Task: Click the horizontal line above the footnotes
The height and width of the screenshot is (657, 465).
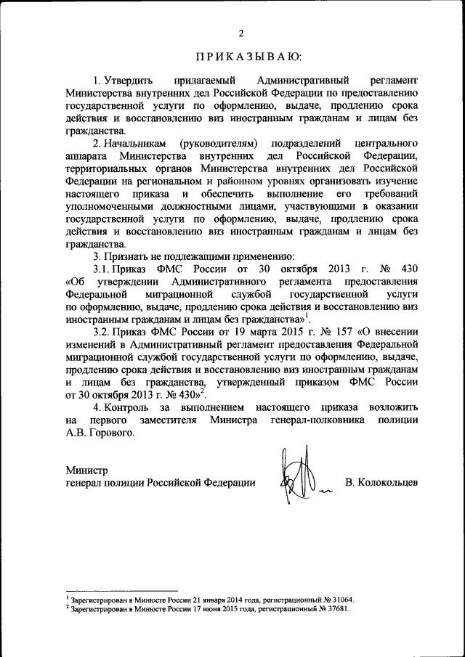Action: (x=121, y=591)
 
